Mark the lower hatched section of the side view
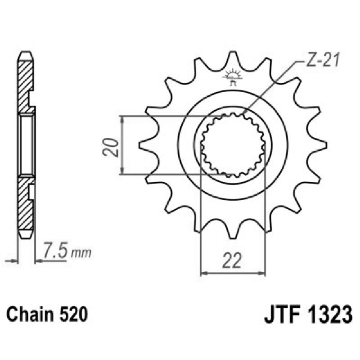point(26,205)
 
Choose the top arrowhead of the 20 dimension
point(121,119)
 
